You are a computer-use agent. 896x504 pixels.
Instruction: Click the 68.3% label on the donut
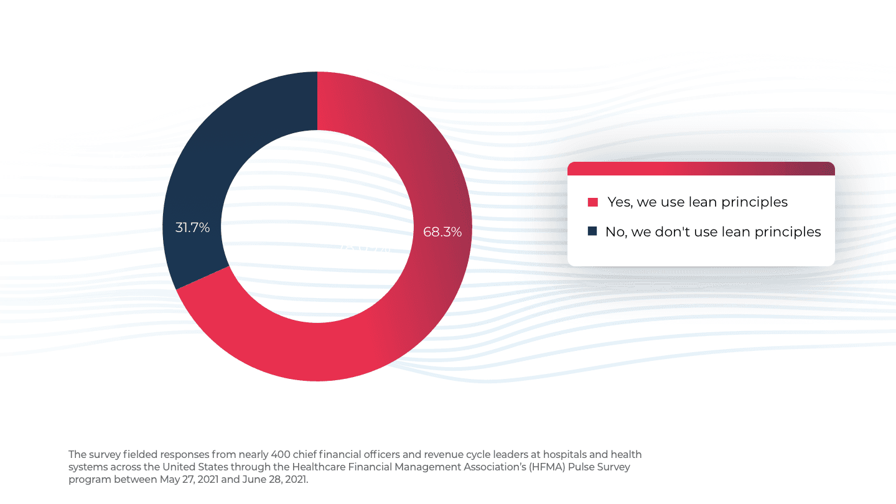(442, 232)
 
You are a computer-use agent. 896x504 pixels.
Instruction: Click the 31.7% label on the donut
(192, 228)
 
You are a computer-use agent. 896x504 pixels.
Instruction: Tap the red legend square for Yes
(593, 202)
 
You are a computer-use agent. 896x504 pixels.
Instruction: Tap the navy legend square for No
(592, 231)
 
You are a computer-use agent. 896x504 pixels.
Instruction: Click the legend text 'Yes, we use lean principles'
(698, 202)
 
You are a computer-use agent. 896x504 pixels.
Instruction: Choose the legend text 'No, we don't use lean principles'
(713, 232)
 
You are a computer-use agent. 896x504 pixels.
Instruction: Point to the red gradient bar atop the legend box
(701, 169)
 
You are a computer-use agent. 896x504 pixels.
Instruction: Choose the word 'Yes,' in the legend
(620, 202)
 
